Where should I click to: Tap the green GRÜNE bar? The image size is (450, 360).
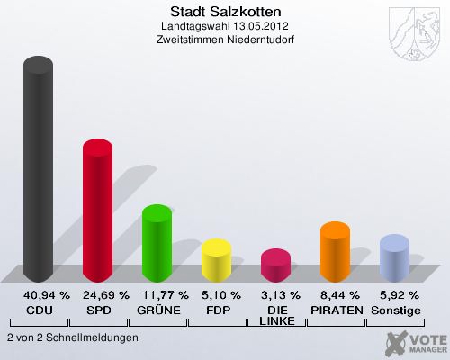(157, 242)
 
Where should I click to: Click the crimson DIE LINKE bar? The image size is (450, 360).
(275, 265)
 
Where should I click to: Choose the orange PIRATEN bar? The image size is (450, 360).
(335, 251)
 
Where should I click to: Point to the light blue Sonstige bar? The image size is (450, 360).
(394, 257)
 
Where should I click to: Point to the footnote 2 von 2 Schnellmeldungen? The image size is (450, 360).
(72, 337)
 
